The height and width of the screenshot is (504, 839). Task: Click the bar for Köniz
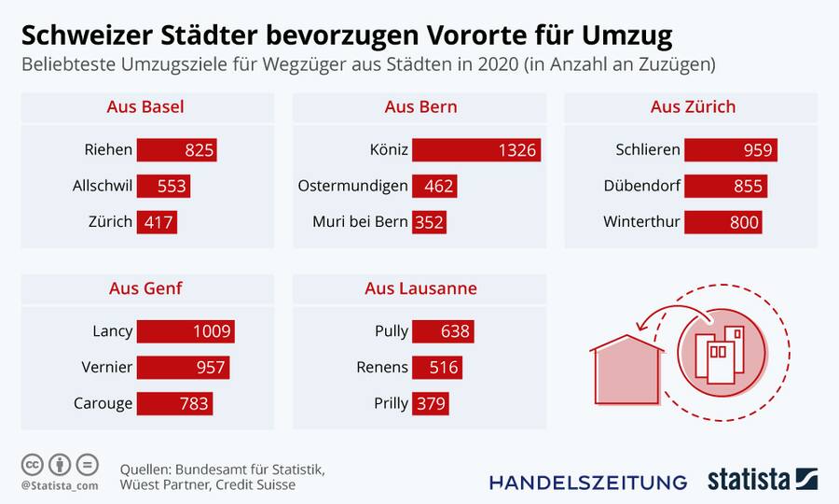coord(476,150)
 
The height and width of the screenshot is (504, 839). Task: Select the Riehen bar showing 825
coord(177,150)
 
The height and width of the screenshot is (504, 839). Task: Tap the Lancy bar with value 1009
coord(186,331)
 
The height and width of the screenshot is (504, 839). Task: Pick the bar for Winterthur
coord(722,222)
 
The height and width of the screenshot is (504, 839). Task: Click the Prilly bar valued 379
coord(431,403)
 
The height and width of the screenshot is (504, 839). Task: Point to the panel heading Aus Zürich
coord(693,107)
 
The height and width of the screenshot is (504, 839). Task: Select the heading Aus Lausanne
coord(420,288)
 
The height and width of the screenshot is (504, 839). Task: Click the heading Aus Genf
coord(145,288)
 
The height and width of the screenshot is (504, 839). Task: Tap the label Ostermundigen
coord(352,186)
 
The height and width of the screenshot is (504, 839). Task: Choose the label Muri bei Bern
coord(360,222)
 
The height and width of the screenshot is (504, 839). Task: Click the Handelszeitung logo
coord(588,482)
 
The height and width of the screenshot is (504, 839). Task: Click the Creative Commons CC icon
coord(33,464)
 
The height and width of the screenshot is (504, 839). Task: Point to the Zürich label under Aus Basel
coord(109,222)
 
